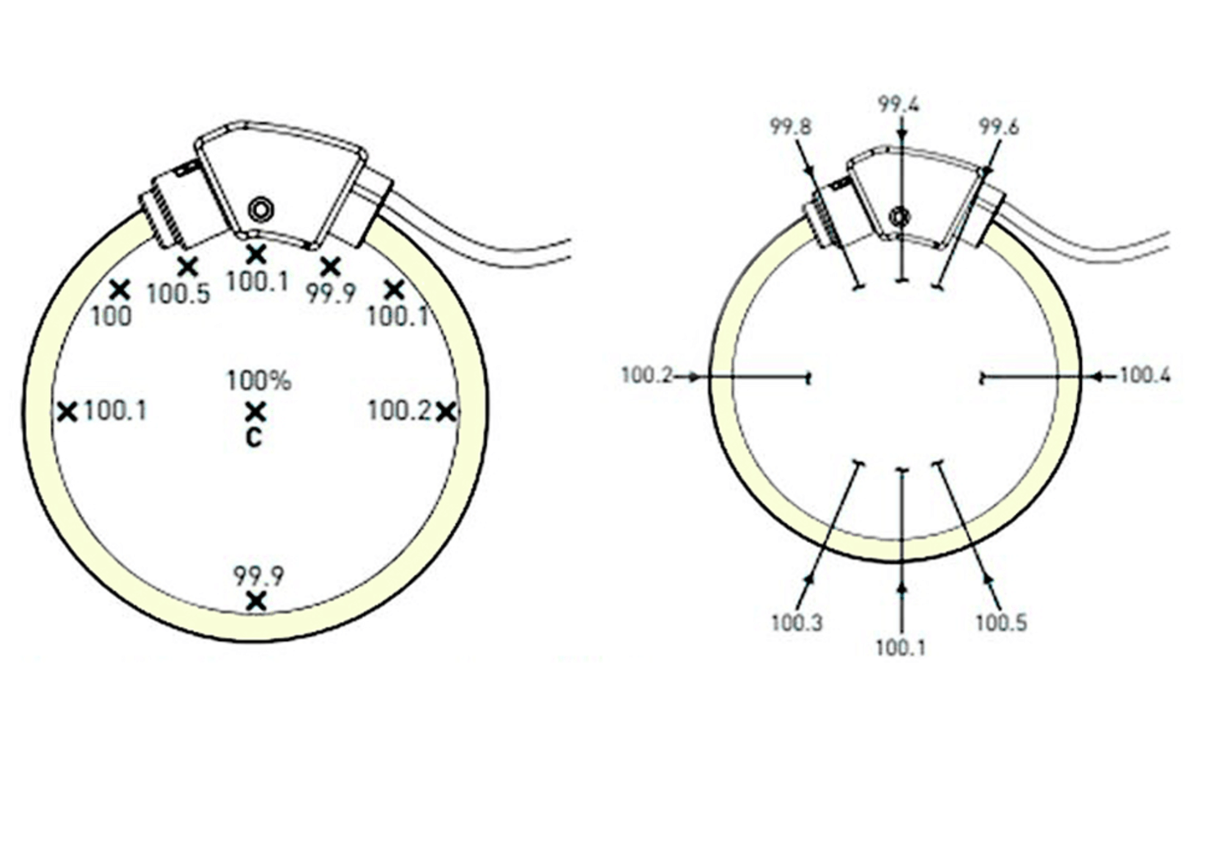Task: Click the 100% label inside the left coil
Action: pyautogui.click(x=259, y=381)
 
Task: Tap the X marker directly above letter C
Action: pyautogui.click(x=255, y=412)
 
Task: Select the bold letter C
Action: pyautogui.click(x=254, y=438)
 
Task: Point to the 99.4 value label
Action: pyautogui.click(x=899, y=105)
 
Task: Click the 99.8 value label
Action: pyautogui.click(x=790, y=127)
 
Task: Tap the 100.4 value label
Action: pyautogui.click(x=1145, y=375)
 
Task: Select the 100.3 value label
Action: pyautogui.click(x=797, y=623)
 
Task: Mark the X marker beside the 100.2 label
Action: pyautogui.click(x=446, y=413)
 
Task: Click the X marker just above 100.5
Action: pyautogui.click(x=187, y=266)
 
